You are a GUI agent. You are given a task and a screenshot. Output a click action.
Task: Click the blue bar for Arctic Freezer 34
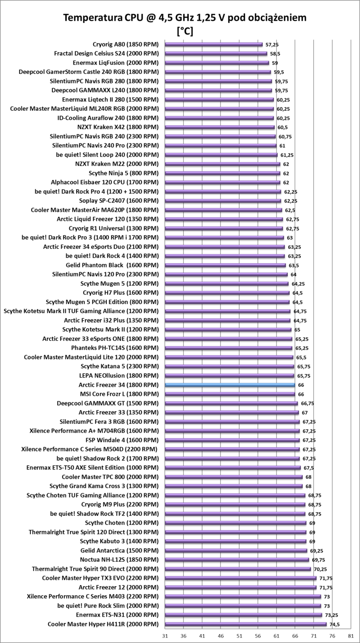230,385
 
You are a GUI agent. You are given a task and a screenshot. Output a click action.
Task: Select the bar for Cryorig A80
214,45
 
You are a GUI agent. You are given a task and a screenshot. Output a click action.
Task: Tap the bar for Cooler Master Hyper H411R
246,624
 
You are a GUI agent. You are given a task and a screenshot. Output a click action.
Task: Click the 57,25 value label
272,45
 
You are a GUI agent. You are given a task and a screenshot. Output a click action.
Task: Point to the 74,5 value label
335,624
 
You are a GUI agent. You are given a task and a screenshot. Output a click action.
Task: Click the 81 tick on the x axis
351,636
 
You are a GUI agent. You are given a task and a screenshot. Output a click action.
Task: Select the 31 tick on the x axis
165,636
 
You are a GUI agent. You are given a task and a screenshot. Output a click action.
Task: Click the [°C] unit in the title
185,31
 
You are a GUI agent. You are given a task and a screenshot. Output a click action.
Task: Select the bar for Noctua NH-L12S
236,559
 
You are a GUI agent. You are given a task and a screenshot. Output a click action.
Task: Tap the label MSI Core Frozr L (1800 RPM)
119,394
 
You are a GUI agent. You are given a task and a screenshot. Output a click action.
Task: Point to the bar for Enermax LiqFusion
217,63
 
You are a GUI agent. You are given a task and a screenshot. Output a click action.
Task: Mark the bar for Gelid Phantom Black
225,265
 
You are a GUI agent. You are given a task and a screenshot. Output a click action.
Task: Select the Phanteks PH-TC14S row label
115,348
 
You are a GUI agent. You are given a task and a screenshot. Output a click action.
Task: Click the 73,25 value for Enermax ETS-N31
332,615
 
